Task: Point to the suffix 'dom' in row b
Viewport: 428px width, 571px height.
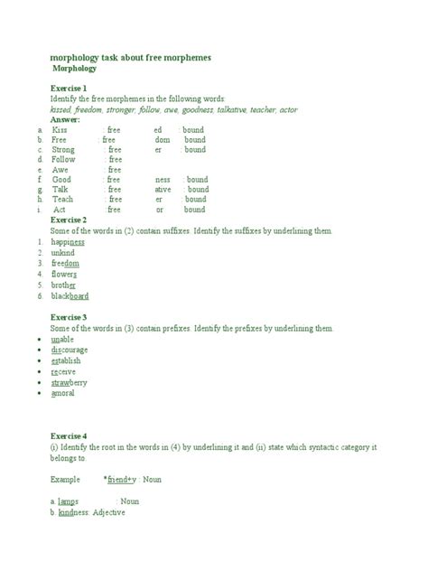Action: click(x=163, y=140)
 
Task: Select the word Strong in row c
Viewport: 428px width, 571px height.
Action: click(x=64, y=150)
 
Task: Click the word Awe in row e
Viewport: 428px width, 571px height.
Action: click(x=60, y=170)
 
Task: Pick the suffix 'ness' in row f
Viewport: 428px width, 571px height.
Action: click(x=163, y=180)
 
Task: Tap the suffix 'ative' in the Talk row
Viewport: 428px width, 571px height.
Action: click(x=163, y=190)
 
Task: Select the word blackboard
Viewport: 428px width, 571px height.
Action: click(x=70, y=295)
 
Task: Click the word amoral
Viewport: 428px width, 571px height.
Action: click(x=63, y=393)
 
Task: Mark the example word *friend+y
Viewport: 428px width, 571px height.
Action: click(x=120, y=479)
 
